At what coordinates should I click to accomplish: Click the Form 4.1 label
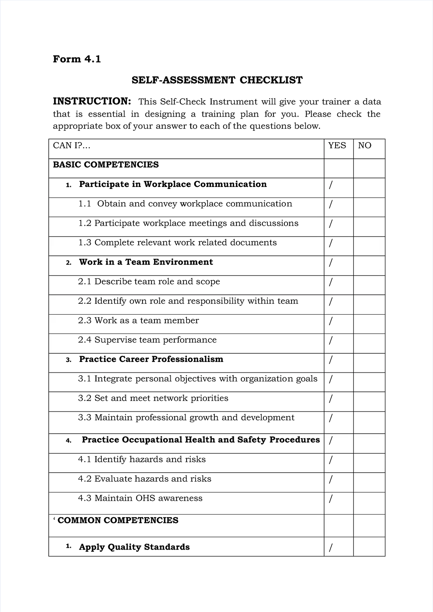tap(77, 59)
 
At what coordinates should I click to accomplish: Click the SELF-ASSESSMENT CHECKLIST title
tap(217, 80)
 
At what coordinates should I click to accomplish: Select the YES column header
tap(337, 145)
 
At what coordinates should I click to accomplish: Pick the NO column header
tap(364, 145)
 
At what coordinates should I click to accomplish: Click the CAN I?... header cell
tap(71, 145)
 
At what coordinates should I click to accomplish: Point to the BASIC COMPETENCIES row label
tap(106, 165)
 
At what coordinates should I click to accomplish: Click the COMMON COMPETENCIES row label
tap(118, 520)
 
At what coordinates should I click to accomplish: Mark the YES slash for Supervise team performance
tap(331, 340)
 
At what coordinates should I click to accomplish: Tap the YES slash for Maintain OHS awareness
tap(331, 499)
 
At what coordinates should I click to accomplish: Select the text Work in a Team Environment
tap(146, 262)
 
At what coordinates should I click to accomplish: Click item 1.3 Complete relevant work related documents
tap(178, 242)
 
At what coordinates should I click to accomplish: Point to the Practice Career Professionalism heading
tap(151, 359)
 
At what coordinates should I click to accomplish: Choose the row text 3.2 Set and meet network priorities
tap(153, 398)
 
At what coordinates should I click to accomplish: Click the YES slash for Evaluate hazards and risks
tap(331, 479)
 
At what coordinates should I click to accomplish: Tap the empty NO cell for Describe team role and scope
tap(369, 285)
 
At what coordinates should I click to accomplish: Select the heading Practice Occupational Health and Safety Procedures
tap(201, 440)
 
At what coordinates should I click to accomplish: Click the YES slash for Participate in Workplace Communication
tap(331, 185)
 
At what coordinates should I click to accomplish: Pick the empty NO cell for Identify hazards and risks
tap(369, 463)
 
